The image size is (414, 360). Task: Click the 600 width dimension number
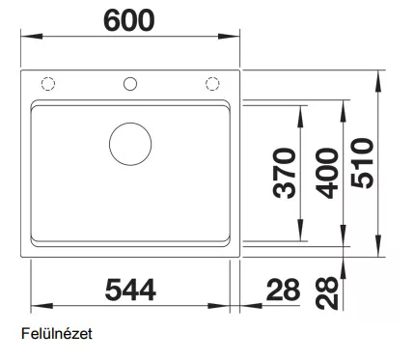pyautogui.click(x=129, y=20)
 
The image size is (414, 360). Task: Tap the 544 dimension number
pyautogui.click(x=130, y=290)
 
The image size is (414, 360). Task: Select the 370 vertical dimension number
pyautogui.click(x=284, y=173)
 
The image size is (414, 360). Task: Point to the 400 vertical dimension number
pyautogui.click(x=327, y=173)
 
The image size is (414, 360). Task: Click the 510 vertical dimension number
pyautogui.click(x=363, y=163)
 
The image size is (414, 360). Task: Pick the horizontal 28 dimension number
pyautogui.click(x=284, y=290)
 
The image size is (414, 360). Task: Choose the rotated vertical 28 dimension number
pyautogui.click(x=327, y=293)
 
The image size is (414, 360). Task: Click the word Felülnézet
pyautogui.click(x=57, y=334)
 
